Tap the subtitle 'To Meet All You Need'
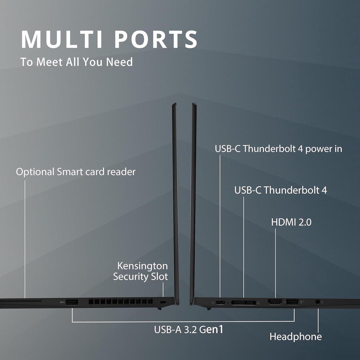[76, 62]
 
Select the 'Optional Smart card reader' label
[76, 172]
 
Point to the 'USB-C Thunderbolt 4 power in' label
[278, 148]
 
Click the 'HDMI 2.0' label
[291, 222]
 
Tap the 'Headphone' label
[296, 337]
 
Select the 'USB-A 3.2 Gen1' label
[188, 329]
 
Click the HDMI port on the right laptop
[275, 302]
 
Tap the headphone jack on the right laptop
[318, 302]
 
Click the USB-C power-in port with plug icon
[220, 303]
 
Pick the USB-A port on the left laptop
[72, 302]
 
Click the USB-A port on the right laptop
[292, 302]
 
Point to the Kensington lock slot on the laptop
[163, 302]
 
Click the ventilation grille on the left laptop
[120, 302]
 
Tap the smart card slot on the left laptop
[21, 301]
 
